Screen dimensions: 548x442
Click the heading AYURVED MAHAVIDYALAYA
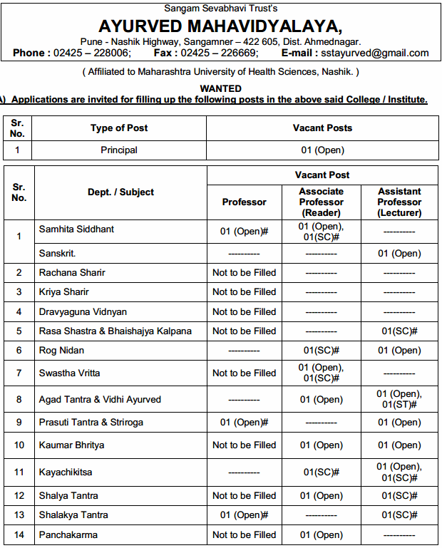[x=220, y=26]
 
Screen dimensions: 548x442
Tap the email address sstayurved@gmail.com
[x=374, y=53]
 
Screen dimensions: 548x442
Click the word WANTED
[x=220, y=88]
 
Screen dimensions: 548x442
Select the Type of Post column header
[x=119, y=128]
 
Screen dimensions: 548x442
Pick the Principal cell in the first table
[x=119, y=150]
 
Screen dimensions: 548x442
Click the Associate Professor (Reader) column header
[x=321, y=202]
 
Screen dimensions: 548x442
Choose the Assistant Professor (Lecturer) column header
[x=399, y=202]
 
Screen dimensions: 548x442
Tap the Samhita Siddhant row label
[x=76, y=229]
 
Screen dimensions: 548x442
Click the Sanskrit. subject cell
[x=57, y=254]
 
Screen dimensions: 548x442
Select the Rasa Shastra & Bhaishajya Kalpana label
[x=115, y=331]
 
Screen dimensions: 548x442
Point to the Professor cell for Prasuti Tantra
[x=244, y=423]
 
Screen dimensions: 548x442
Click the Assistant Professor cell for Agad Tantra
[x=399, y=399]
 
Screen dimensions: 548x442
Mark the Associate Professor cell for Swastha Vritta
[x=321, y=373]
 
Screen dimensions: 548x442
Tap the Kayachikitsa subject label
[x=65, y=472]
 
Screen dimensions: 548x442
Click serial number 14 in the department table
[x=19, y=534]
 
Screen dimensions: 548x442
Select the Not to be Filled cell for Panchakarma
[x=244, y=534]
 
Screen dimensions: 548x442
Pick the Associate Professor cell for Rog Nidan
[x=321, y=350]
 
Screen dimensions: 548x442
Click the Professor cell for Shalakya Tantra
[x=244, y=515]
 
